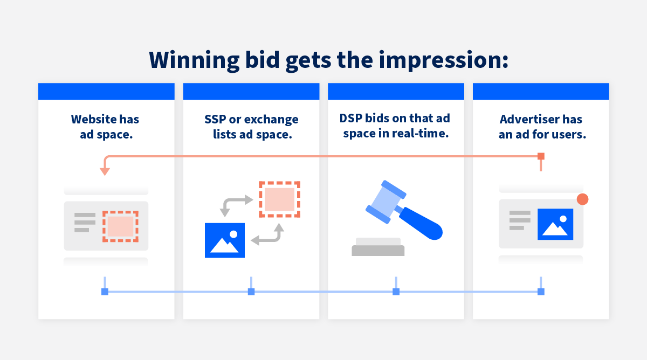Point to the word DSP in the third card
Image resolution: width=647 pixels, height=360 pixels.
pyautogui.click(x=352, y=118)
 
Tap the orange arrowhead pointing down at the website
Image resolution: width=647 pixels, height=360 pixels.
pyautogui.click(x=105, y=171)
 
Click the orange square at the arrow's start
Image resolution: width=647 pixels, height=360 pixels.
pyautogui.click(x=541, y=156)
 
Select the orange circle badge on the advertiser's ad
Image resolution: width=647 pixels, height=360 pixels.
pyautogui.click(x=582, y=199)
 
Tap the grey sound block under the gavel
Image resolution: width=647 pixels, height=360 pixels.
pyautogui.click(x=378, y=250)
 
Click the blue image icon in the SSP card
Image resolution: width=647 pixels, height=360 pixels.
pyautogui.click(x=225, y=240)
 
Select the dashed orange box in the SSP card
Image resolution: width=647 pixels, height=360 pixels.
pyautogui.click(x=279, y=199)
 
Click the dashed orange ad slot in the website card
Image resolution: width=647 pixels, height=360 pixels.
pyautogui.click(x=120, y=226)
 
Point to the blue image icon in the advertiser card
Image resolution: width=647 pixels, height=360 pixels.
pyautogui.click(x=555, y=224)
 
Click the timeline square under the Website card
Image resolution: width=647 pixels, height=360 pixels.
pyautogui.click(x=105, y=292)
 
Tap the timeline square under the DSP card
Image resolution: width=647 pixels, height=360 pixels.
pyautogui.click(x=396, y=292)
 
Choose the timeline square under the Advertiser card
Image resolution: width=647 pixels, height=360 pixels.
pyautogui.click(x=541, y=292)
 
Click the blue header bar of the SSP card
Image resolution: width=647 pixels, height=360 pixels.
pyautogui.click(x=251, y=91)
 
